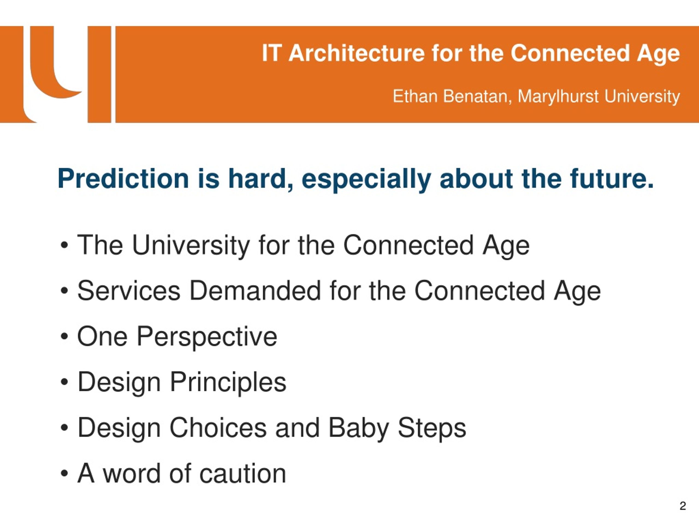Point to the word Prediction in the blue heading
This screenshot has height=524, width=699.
[123, 179]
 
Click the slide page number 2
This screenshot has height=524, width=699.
[683, 506]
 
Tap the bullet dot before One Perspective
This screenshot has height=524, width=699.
[64, 337]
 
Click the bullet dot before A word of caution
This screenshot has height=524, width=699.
[64, 474]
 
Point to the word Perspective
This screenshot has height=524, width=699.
[207, 338]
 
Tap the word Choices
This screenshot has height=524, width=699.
[218, 428]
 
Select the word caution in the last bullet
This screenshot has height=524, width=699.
[243, 474]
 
